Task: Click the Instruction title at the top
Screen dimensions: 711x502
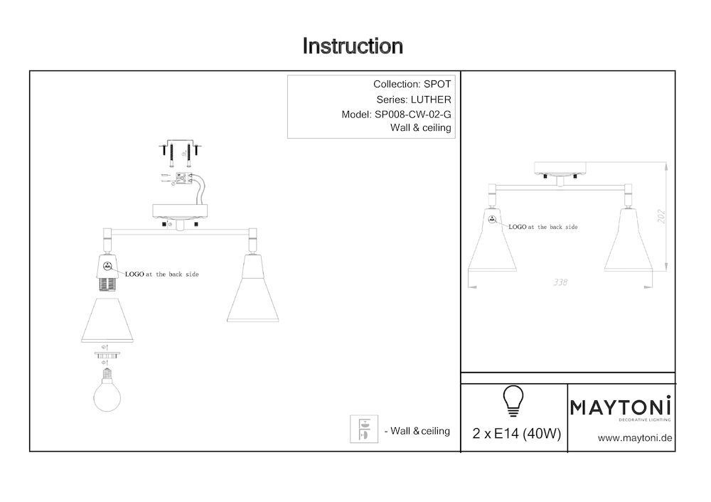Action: coord(353,46)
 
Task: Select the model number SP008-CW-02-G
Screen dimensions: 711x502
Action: coord(412,114)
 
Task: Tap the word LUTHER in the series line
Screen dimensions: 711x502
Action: coord(431,100)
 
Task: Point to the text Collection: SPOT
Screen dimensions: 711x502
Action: coord(412,85)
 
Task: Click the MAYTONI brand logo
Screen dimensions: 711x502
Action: coord(620,407)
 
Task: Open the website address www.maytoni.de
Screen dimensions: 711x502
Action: coord(635,438)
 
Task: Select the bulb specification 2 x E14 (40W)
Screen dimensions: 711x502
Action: coord(516,434)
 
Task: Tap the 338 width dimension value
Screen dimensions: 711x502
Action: coord(560,282)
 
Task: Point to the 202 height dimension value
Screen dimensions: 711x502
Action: coord(661,216)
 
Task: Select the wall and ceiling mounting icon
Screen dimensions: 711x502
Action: coord(363,429)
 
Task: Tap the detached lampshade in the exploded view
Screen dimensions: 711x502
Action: coord(107,320)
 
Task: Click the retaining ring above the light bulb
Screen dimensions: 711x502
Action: coord(107,355)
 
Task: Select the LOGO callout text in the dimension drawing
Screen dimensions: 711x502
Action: coord(543,227)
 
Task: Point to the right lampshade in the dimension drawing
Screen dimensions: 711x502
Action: coord(628,240)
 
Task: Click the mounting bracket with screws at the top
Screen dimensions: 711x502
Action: coord(181,153)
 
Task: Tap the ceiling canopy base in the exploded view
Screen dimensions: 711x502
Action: coord(180,212)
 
